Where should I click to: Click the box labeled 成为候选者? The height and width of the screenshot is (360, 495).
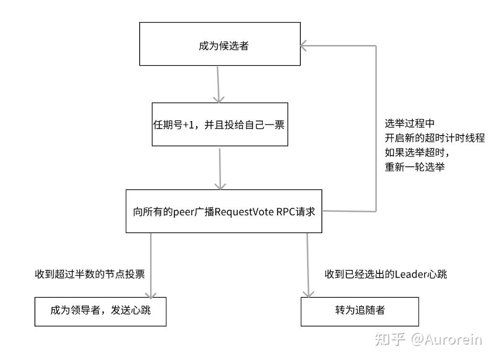(220, 44)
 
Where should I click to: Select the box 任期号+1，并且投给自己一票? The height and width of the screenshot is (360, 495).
(220, 124)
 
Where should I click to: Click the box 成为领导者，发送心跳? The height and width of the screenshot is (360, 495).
(100, 312)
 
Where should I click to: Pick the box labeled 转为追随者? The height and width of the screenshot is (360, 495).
(360, 312)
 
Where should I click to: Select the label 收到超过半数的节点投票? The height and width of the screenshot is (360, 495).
(90, 274)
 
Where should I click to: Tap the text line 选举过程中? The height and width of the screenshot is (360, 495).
(409, 124)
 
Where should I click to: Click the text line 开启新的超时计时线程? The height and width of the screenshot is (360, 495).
(435, 138)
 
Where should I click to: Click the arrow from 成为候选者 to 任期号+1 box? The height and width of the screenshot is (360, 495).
(218, 84)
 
